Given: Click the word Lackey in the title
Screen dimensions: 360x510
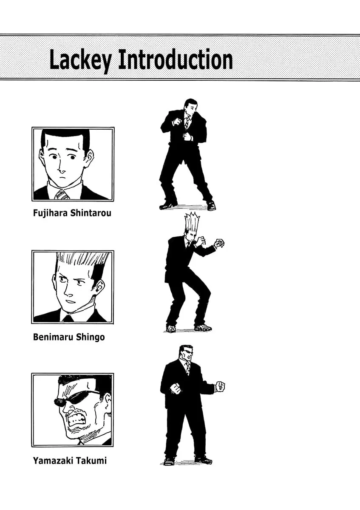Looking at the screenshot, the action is (x=80, y=60).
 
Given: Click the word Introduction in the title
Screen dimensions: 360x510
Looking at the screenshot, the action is (x=176, y=59).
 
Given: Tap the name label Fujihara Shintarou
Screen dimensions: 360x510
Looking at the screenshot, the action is (x=72, y=213).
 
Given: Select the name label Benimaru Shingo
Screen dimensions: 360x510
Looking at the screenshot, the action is (x=69, y=337).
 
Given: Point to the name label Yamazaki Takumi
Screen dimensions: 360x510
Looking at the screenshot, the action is (x=70, y=460).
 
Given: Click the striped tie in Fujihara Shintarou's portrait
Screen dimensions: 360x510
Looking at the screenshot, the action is (x=62, y=195).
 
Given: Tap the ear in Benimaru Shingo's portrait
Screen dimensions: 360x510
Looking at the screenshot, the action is (x=99, y=286).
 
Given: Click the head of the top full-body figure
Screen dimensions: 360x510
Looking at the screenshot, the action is (x=190, y=107).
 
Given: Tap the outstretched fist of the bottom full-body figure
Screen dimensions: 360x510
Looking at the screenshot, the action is (x=220, y=386).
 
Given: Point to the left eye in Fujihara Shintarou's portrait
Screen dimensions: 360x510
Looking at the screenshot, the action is (x=54, y=157).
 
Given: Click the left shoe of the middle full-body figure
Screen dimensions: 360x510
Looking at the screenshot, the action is (x=171, y=328).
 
